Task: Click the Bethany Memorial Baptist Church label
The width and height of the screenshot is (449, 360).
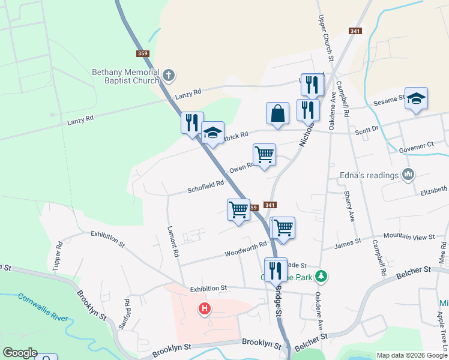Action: pyautogui.click(x=125, y=76)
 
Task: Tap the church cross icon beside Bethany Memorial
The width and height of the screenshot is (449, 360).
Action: pyautogui.click(x=169, y=76)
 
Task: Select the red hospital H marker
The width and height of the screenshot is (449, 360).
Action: pyautogui.click(x=205, y=309)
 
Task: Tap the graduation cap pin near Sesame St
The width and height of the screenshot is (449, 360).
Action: pyautogui.click(x=415, y=98)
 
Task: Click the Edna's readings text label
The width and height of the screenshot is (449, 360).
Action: pyautogui.click(x=370, y=175)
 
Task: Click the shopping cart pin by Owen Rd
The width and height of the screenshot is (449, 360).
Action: pyautogui.click(x=264, y=155)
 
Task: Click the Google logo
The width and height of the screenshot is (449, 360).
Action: pyautogui.click(x=19, y=353)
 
